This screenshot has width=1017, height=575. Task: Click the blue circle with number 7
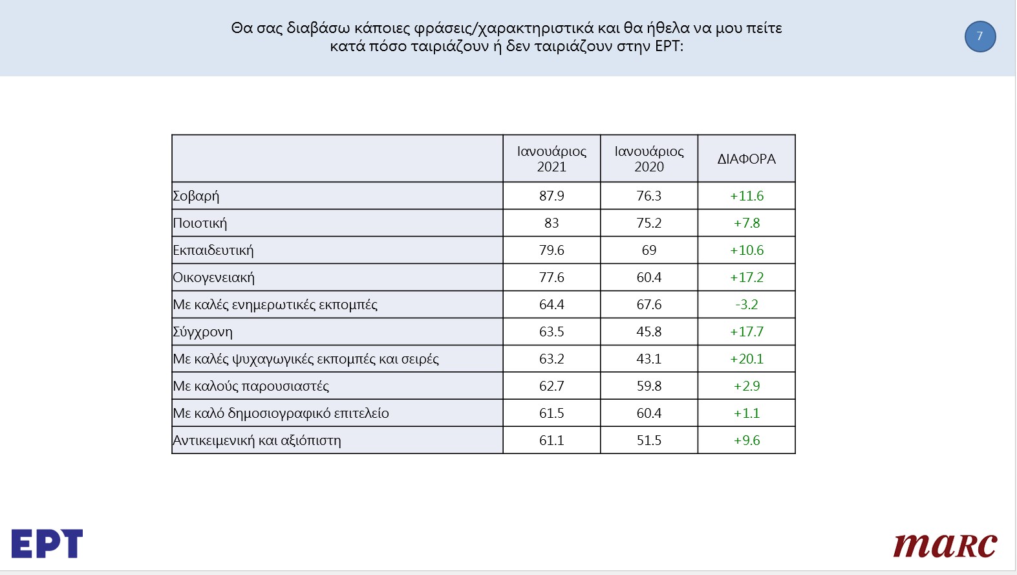[980, 36]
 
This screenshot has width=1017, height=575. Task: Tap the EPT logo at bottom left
[47, 543]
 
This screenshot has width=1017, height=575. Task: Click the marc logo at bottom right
[945, 545]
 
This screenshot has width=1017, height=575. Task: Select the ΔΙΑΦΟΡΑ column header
[746, 159]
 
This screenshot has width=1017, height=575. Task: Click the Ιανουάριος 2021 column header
[551, 159]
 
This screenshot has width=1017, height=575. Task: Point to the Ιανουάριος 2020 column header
[649, 159]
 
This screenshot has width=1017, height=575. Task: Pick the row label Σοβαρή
[196, 196]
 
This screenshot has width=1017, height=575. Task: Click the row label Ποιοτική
[200, 223]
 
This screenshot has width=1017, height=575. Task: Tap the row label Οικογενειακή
[213, 277]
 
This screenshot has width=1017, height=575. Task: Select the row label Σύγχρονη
[202, 332]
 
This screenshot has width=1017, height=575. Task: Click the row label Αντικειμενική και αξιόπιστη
[257, 440]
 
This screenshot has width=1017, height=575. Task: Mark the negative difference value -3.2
[747, 304]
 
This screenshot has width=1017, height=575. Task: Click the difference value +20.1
[747, 359]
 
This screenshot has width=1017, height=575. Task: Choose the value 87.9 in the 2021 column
[551, 196]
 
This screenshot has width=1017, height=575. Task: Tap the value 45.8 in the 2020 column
[649, 332]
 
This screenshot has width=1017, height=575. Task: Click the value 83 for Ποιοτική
[551, 223]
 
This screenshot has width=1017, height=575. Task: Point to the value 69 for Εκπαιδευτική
[649, 250]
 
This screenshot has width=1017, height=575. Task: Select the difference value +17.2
[747, 277]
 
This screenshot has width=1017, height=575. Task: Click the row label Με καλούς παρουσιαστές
[251, 386]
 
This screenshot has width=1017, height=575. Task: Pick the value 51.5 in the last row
[649, 440]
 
